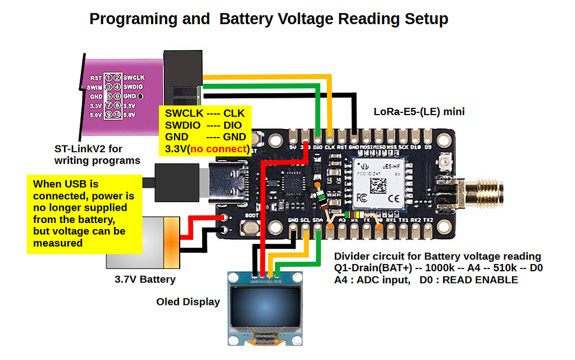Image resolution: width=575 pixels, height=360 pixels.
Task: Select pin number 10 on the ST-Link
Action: (x=117, y=115)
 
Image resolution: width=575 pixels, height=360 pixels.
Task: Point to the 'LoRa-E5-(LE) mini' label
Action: (x=419, y=112)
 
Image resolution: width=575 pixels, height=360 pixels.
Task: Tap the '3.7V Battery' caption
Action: (x=145, y=279)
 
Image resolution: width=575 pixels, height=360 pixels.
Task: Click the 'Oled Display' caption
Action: (x=188, y=302)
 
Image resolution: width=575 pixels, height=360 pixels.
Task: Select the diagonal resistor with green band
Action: (x=321, y=197)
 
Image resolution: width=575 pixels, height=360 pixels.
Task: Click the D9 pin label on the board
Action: (x=428, y=147)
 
